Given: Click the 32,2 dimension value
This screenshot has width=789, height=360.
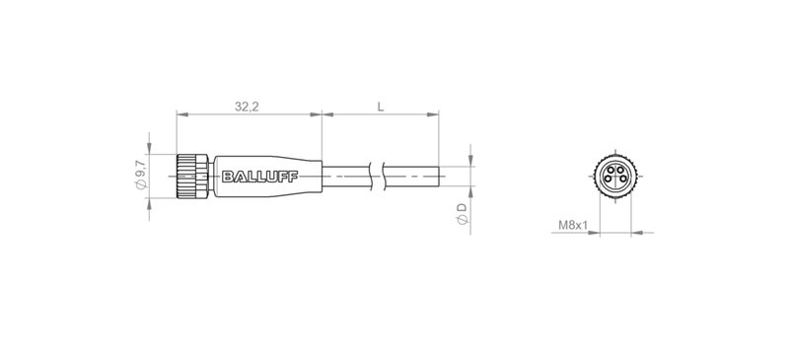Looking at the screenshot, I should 248,106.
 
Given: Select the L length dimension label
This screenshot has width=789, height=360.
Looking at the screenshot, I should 381,106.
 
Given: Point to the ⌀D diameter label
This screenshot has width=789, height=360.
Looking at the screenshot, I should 462,211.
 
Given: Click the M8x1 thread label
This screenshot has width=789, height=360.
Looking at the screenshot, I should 573,226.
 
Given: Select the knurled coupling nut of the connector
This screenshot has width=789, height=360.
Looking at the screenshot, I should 187,179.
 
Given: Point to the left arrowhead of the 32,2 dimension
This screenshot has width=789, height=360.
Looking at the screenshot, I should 181,115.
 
